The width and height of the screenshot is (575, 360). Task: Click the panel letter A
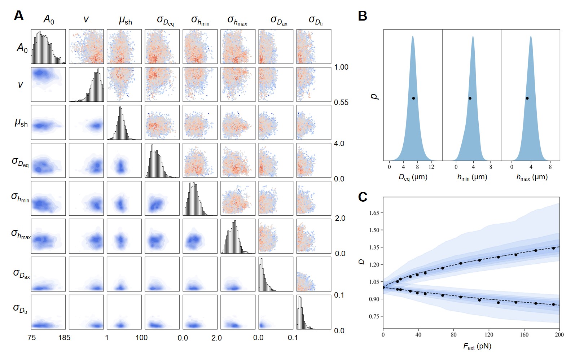pyautogui.click(x=19, y=16)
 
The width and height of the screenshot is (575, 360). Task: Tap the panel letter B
pyautogui.click(x=363, y=16)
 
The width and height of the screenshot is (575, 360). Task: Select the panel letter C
pyautogui.click(x=363, y=197)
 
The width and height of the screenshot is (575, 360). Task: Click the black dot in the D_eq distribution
pyautogui.click(x=413, y=98)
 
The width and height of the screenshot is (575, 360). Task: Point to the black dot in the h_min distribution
pyautogui.click(x=470, y=98)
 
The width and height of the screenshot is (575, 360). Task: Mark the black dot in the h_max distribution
pyautogui.click(x=527, y=98)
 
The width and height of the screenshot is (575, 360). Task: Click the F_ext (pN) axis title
pyautogui.click(x=477, y=347)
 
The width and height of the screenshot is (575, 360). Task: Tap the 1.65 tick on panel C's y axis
pyautogui.click(x=374, y=213)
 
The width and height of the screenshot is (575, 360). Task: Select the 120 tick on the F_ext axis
pyautogui.click(x=489, y=335)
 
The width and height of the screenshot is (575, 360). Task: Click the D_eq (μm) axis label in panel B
pyautogui.click(x=413, y=177)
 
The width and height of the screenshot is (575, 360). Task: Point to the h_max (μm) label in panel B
pyautogui.click(x=532, y=177)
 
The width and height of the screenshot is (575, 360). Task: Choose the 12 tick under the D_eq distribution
pyautogui.click(x=431, y=167)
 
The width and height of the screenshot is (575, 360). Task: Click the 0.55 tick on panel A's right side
pyautogui.click(x=341, y=102)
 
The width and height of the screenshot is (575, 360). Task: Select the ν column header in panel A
pyautogui.click(x=86, y=19)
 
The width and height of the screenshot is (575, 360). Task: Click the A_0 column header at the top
pyautogui.click(x=49, y=19)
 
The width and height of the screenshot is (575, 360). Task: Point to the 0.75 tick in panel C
pyautogui.click(x=374, y=316)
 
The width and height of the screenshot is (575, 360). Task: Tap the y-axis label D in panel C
pyautogui.click(x=362, y=262)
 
